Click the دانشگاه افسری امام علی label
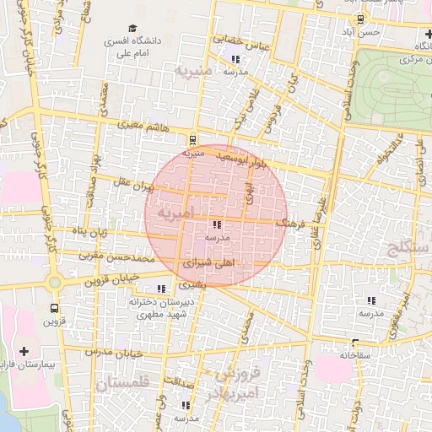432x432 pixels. (x=127, y=45)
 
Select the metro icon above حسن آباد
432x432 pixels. (x=361, y=18)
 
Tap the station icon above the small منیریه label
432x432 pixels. (x=195, y=140)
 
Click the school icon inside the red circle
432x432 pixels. (x=217, y=225)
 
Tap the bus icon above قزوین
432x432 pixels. (x=54, y=308)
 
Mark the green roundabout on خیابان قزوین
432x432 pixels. (x=54, y=282)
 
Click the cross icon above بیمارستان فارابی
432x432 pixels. (x=23, y=351)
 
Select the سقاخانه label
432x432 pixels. (x=355, y=356)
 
